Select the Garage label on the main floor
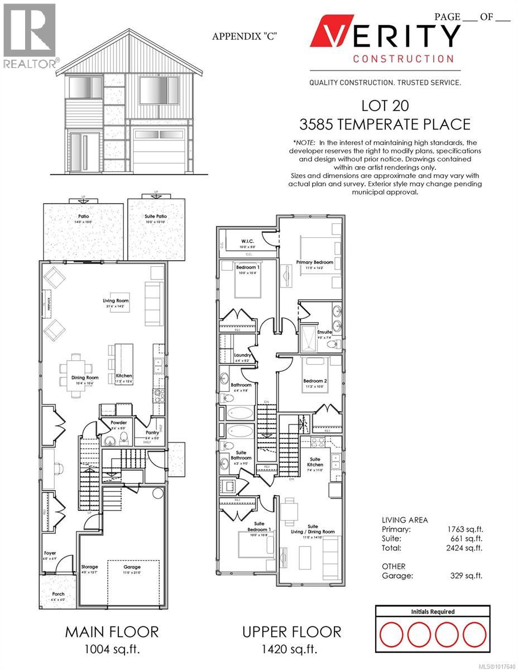pyautogui.click(x=132, y=566)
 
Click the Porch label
pyautogui.click(x=59, y=594)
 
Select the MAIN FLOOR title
pyautogui.click(x=112, y=631)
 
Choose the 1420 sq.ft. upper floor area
pyautogui.click(x=291, y=649)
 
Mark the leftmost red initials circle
pyautogui.click(x=392, y=635)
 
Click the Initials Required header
pyautogui.click(x=433, y=611)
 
